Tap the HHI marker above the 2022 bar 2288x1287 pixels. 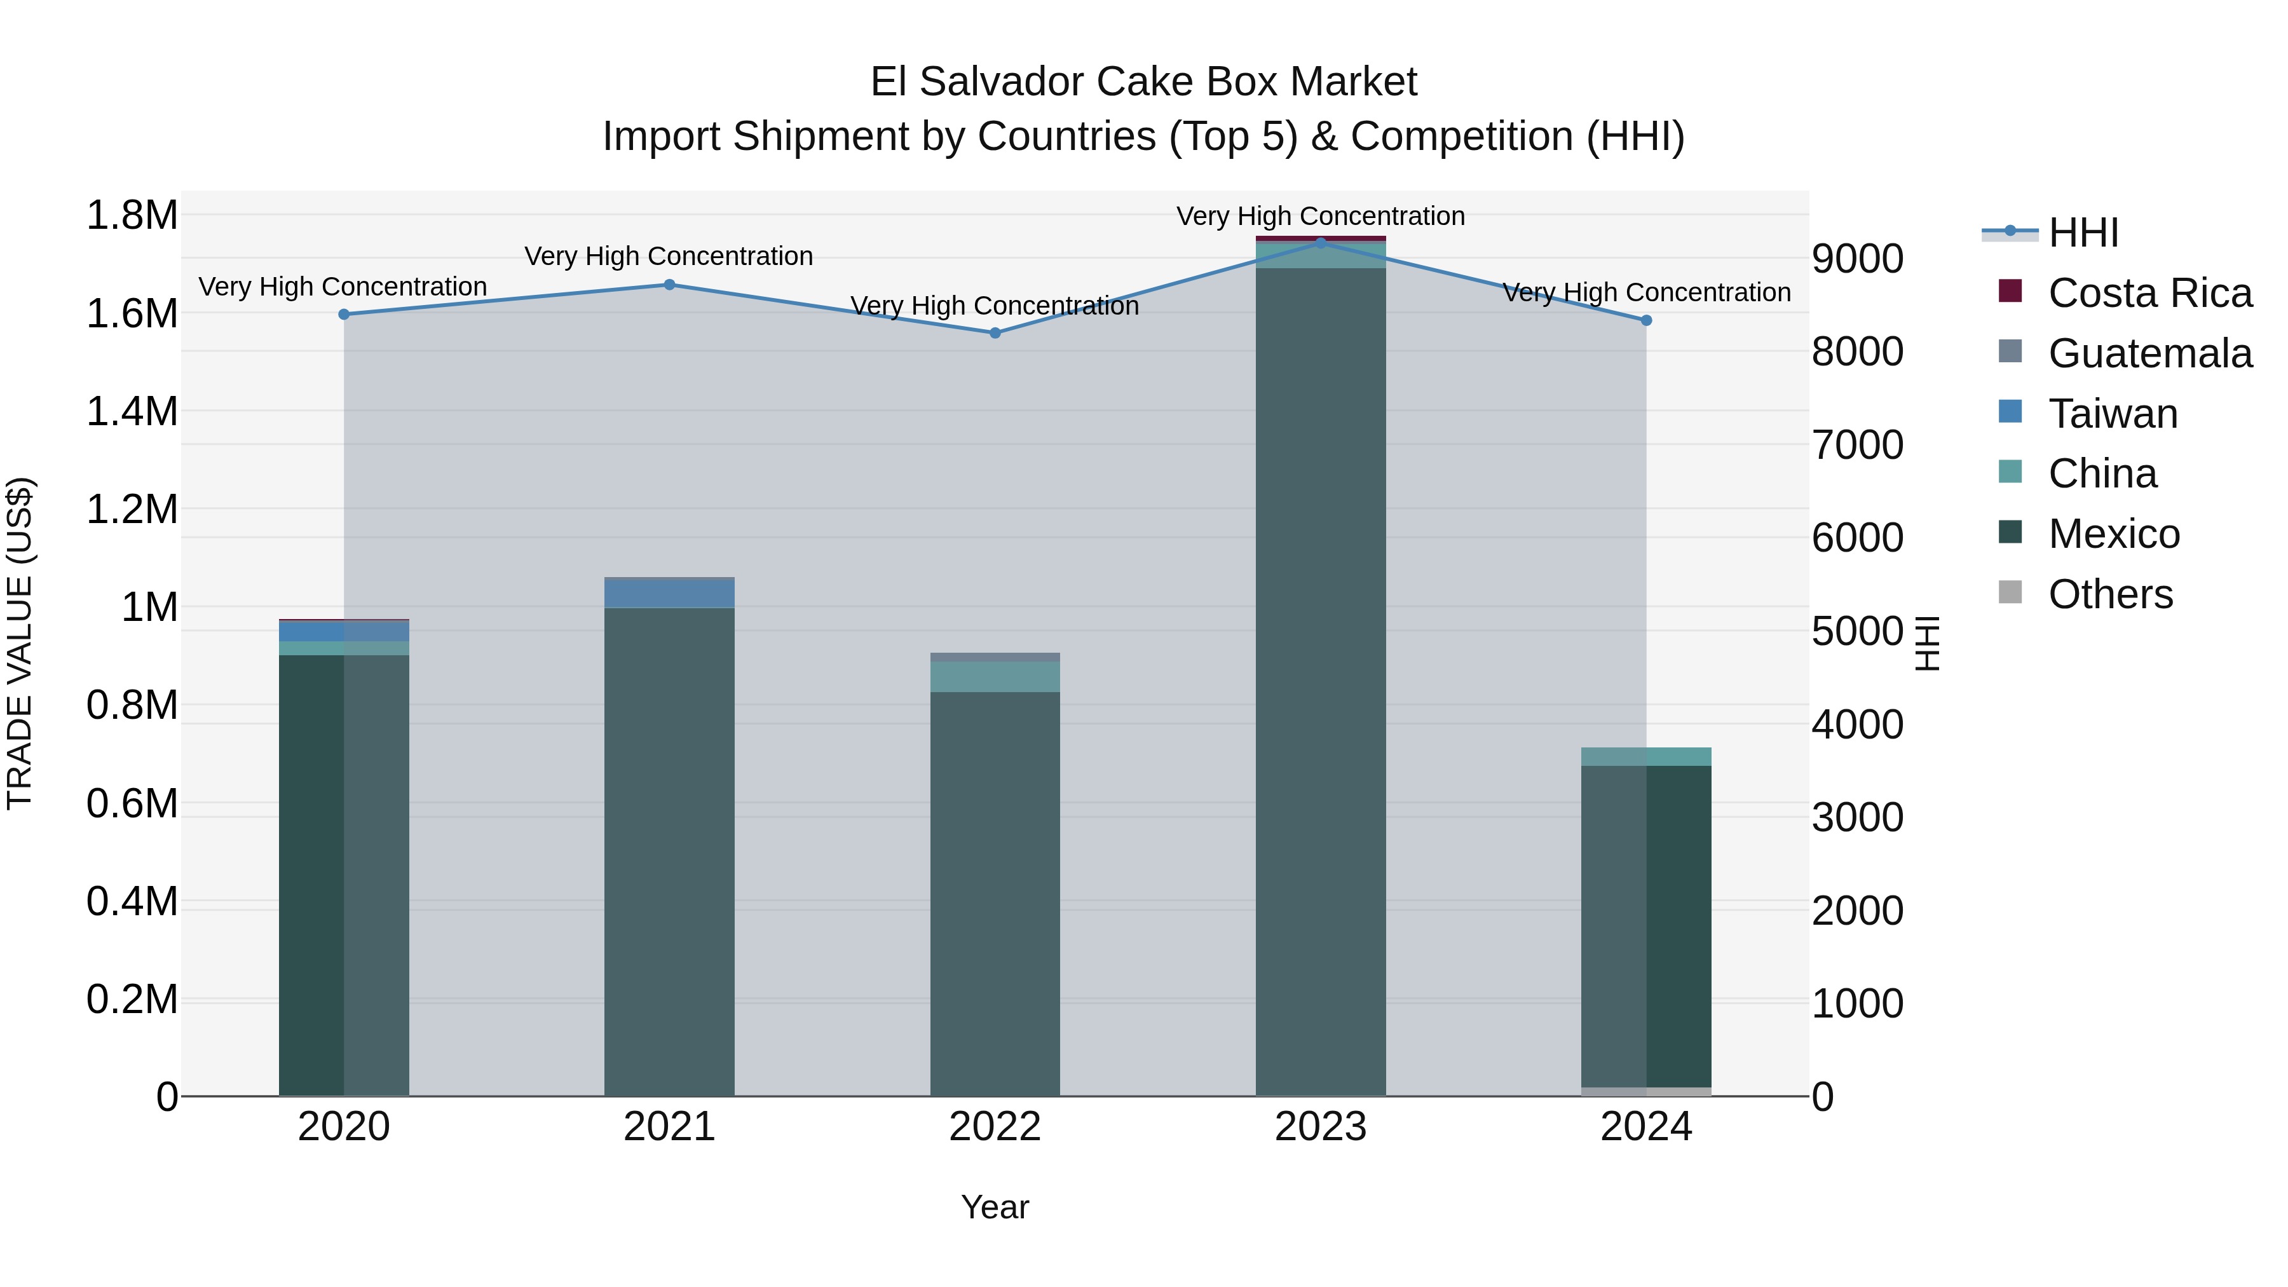pos(995,333)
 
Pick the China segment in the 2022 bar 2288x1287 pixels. pos(995,677)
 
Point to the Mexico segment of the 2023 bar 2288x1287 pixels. pos(1320,684)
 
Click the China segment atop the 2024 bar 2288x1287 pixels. pos(1646,757)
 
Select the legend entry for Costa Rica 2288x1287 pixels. pos(2149,293)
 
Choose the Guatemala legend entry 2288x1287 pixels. pos(2149,353)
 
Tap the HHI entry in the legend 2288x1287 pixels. pos(2083,233)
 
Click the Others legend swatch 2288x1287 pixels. pos(2010,592)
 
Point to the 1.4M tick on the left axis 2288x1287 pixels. pos(132,412)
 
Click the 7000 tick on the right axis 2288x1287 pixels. pos(1857,445)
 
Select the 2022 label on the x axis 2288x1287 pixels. pos(995,1127)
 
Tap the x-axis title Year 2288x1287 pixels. pos(995,1207)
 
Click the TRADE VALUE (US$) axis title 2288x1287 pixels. pos(20,643)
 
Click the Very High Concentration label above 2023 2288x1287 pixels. pos(1320,216)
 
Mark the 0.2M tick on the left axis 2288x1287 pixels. pos(132,999)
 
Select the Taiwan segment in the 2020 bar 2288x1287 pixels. pos(344,630)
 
